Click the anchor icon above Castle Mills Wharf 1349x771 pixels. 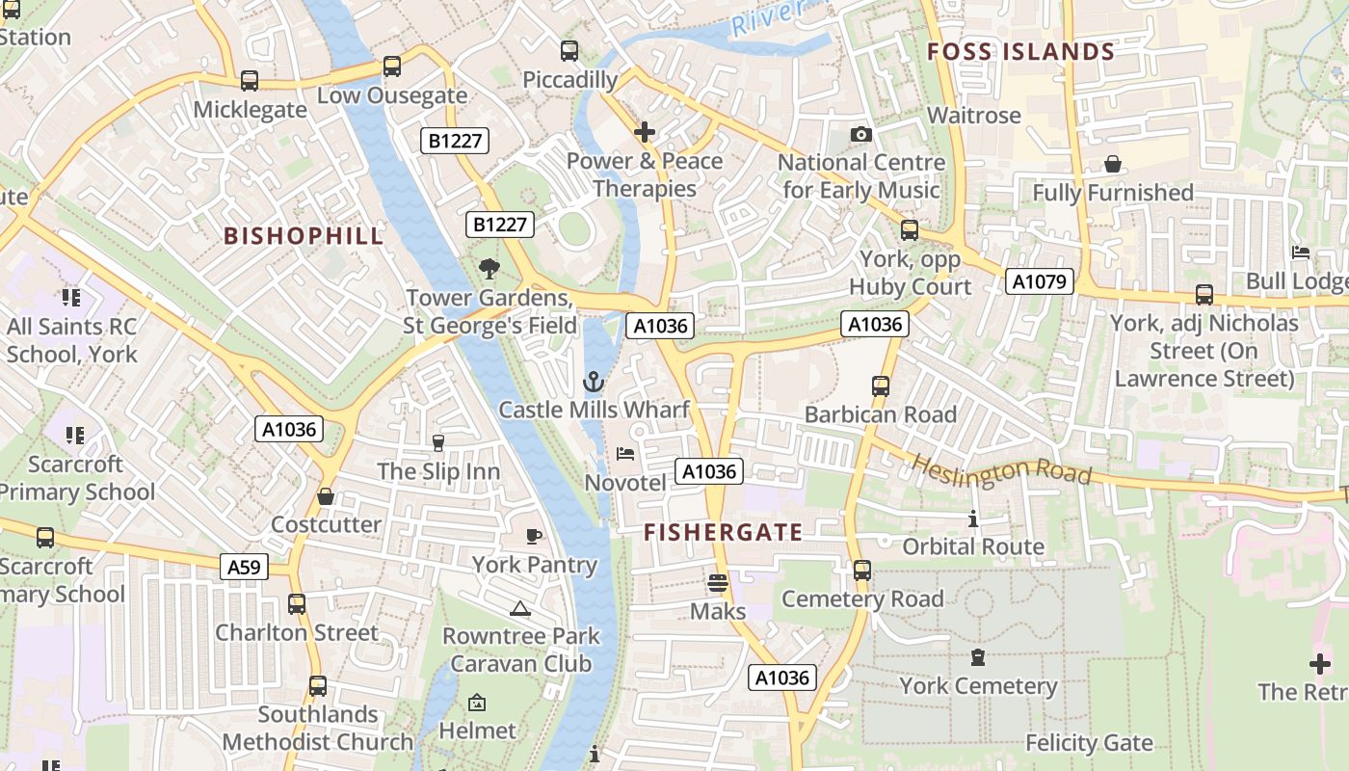(594, 383)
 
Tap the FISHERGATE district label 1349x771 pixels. (723, 532)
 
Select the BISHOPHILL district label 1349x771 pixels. (304, 235)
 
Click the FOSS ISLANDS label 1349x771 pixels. (1020, 52)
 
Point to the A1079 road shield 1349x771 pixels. (1039, 281)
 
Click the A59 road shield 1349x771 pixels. (244, 568)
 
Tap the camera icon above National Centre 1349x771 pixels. (861, 135)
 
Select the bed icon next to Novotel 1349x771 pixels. (625, 453)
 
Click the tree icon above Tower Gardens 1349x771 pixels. (489, 269)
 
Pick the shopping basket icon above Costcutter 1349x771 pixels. (326, 496)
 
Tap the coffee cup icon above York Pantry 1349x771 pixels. (534, 536)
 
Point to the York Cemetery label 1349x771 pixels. (978, 686)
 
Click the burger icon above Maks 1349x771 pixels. (717, 583)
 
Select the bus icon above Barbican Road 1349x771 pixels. (880, 386)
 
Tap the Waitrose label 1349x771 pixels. (973, 116)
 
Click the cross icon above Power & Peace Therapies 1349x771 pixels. (645, 132)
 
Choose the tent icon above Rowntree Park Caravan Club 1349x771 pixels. (520, 609)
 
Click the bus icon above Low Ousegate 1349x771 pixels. (391, 66)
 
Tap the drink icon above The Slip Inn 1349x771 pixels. (438, 442)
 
